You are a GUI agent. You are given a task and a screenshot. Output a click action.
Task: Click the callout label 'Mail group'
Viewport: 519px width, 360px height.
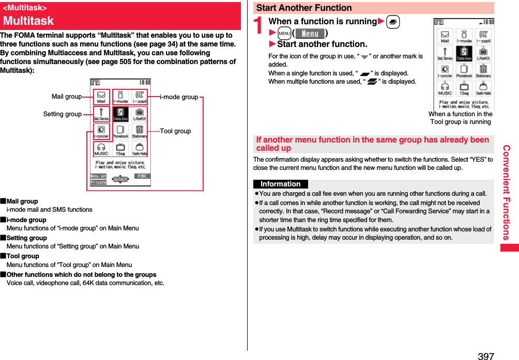point(66,97)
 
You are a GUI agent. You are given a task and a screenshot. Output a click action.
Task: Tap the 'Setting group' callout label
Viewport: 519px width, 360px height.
point(62,114)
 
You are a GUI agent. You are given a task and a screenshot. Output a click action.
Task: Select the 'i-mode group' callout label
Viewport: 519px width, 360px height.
point(179,97)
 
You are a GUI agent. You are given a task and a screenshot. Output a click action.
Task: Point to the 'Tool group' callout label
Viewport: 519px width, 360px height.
point(175,131)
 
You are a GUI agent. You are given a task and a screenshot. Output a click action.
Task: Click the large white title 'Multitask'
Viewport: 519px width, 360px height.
point(28,21)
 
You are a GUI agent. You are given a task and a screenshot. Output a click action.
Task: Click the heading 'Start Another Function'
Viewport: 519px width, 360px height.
point(304,8)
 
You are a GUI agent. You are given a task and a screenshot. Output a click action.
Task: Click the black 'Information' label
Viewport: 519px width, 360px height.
point(280,184)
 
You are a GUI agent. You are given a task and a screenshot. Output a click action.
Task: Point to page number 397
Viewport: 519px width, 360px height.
point(486,356)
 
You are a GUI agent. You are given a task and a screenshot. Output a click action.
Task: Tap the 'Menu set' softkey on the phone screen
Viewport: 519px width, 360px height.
point(98,176)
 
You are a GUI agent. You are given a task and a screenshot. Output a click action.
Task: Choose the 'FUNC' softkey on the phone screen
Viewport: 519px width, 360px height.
point(143,176)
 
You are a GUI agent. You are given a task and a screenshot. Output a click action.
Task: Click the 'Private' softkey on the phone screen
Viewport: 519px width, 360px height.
point(98,182)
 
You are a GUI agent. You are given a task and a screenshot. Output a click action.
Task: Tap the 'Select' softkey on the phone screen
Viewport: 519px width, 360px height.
point(120,179)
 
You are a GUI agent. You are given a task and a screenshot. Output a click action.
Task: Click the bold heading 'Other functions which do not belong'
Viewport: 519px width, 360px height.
point(81,275)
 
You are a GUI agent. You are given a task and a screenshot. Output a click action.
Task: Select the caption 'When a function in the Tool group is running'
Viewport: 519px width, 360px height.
point(460,118)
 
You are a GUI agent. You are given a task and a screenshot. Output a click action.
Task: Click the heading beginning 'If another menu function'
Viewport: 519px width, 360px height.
point(372,144)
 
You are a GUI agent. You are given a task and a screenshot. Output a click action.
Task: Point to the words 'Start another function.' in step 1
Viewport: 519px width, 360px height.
point(322,44)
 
